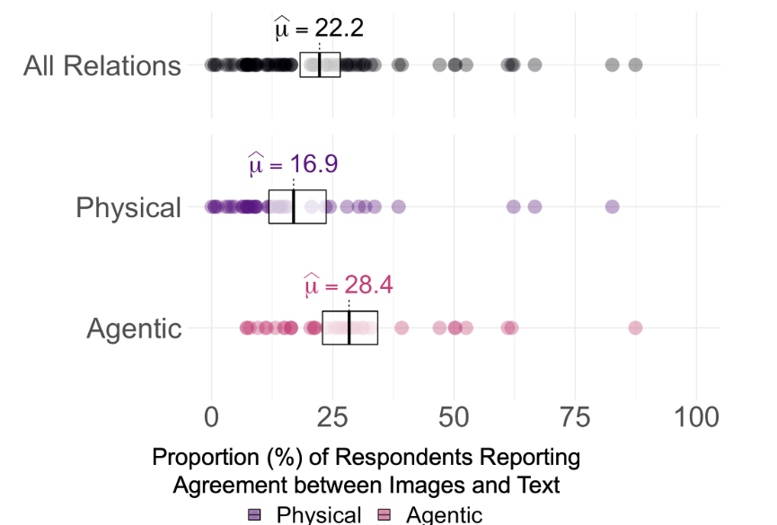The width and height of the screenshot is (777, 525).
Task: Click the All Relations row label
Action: coord(102,66)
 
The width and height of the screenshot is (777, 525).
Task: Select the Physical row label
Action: coord(128,207)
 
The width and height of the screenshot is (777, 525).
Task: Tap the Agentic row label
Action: coord(134,328)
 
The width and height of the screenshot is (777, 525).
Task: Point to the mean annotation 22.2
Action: coord(319,29)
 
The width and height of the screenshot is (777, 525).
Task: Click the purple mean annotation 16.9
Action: coord(293,165)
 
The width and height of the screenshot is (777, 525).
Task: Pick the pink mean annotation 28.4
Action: coord(348,285)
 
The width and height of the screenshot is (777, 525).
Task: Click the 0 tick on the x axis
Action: coord(212,418)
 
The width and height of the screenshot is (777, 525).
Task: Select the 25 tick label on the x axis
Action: coord(332,418)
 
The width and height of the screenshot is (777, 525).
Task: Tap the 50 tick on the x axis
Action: coord(455,418)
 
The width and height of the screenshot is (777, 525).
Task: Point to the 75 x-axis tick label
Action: coord(576,418)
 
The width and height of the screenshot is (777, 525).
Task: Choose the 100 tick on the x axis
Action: coord(697,418)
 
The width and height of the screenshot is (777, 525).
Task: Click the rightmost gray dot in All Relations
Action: coord(635,65)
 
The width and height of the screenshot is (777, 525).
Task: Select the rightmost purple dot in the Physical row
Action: coord(612,206)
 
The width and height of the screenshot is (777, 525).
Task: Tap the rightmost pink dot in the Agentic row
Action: coord(635,328)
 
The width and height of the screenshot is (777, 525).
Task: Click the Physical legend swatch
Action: coord(255,515)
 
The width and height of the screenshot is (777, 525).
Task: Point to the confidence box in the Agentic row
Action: coord(350,328)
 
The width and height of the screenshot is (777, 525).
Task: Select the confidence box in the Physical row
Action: coord(297,206)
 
